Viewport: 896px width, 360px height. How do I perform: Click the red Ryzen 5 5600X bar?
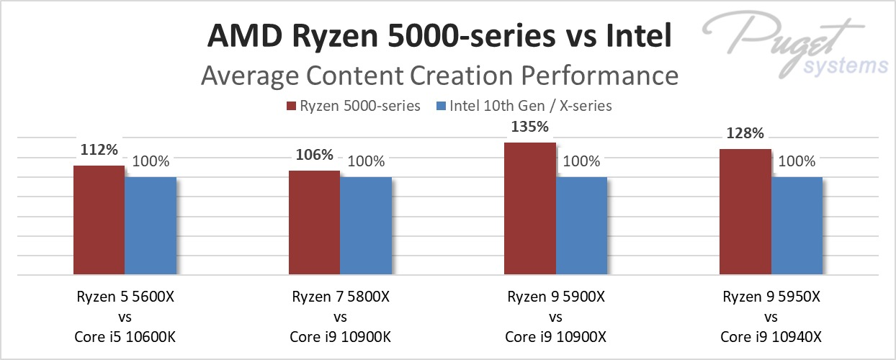pos(99,220)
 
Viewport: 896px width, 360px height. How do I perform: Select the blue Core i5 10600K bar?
pos(150,226)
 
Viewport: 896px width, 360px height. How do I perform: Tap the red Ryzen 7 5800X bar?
pos(314,223)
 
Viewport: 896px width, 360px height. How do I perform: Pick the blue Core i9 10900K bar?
pos(365,226)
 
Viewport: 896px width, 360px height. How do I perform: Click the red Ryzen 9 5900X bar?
pos(529,209)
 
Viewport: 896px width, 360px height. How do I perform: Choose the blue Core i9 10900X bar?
pos(581,226)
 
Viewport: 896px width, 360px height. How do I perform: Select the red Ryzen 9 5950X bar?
pos(745,212)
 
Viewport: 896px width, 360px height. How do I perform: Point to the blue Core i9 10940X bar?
pos(796,226)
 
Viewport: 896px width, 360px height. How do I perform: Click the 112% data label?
pos(99,149)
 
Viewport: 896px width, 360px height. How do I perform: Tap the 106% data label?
pos(314,155)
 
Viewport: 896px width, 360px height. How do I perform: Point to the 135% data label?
pos(529,127)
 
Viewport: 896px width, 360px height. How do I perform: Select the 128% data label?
pos(745,133)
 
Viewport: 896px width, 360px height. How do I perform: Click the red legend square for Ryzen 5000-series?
pos(292,107)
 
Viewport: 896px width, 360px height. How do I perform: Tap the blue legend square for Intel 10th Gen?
pos(442,107)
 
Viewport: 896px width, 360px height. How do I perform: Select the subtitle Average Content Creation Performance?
pos(439,76)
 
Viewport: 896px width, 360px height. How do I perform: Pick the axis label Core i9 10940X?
pos(770,335)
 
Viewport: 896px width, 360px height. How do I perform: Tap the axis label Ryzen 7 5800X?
pos(340,296)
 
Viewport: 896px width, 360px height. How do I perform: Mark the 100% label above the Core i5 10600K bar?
pos(151,161)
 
